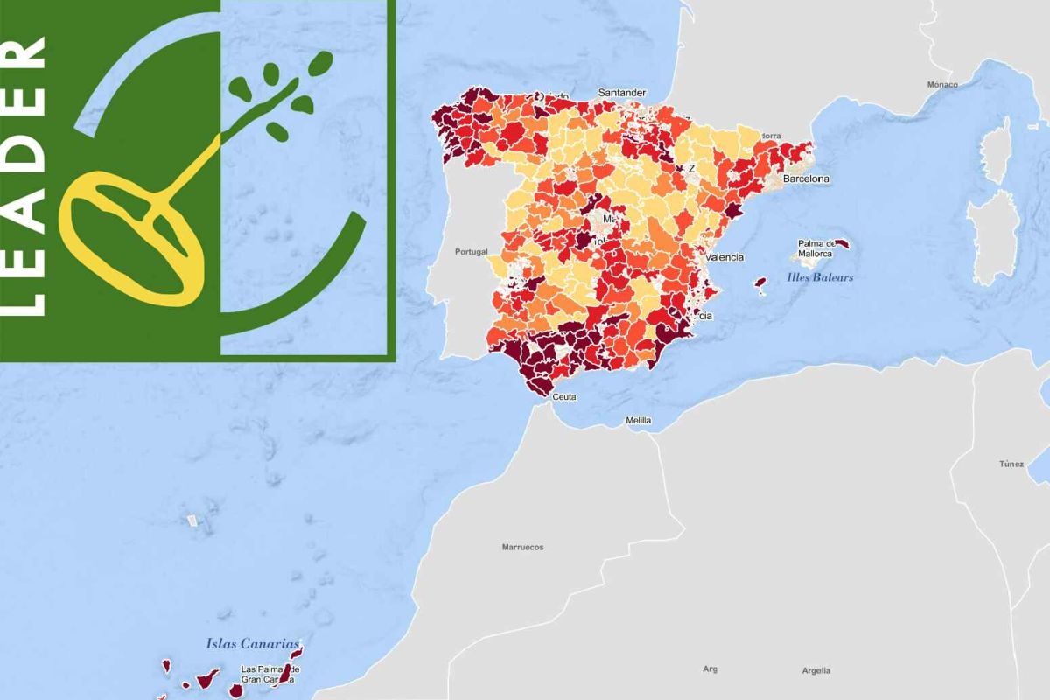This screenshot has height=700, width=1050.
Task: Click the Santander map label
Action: pos(621,92)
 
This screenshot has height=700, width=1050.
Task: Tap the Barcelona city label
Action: pos(806,178)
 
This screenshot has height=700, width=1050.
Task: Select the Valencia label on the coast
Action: pos(724,257)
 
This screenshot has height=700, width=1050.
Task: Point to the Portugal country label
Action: pos(471,252)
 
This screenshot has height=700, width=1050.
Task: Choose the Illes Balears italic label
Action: pos(820,277)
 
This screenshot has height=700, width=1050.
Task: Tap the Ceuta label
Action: pos(565,396)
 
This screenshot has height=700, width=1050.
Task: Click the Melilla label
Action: pos(638,421)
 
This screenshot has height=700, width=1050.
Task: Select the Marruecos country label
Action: pos(522,547)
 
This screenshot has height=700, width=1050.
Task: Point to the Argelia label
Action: pos(815,671)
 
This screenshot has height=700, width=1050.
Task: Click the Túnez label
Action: pos(1011,464)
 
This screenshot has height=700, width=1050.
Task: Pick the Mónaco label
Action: pos(942,85)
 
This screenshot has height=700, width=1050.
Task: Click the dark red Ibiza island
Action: pos(761,283)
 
